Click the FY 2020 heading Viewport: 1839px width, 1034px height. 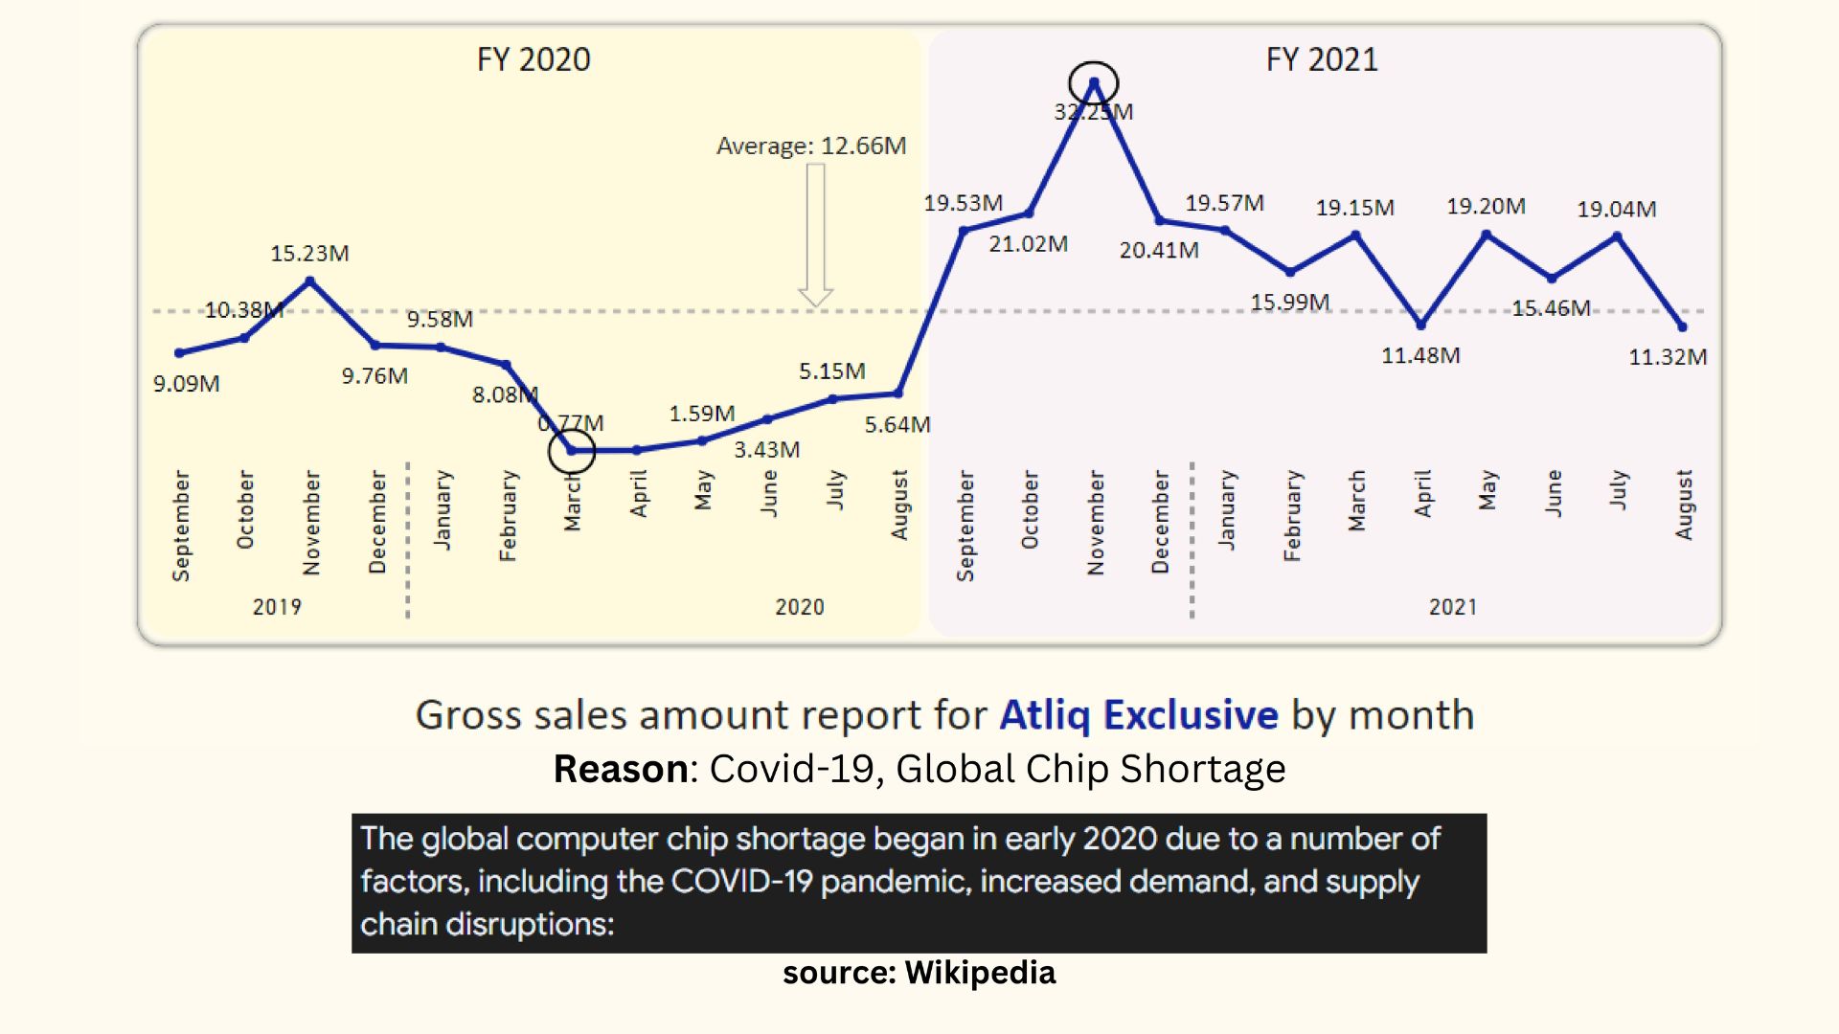point(534,59)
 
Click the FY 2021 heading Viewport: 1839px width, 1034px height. point(1322,59)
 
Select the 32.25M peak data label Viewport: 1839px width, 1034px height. point(1093,112)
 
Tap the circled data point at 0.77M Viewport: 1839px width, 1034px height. point(572,450)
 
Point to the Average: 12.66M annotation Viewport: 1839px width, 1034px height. point(811,146)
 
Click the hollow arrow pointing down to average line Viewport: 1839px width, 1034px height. point(815,235)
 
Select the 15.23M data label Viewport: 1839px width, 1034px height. point(309,254)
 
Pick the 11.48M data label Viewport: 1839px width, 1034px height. point(1420,355)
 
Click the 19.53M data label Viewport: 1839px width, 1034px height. point(963,203)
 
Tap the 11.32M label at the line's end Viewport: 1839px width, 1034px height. point(1668,357)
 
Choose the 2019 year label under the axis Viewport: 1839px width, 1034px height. point(277,607)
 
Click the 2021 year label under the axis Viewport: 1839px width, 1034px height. point(1453,607)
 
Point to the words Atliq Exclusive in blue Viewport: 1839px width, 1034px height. point(1138,715)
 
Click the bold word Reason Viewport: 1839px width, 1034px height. point(620,769)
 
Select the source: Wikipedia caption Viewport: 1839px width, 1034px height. point(919,973)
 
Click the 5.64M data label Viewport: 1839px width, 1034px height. point(897,424)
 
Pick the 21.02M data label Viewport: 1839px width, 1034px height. point(1028,244)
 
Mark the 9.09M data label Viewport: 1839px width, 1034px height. point(186,384)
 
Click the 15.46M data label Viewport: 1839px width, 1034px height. point(1551,308)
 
